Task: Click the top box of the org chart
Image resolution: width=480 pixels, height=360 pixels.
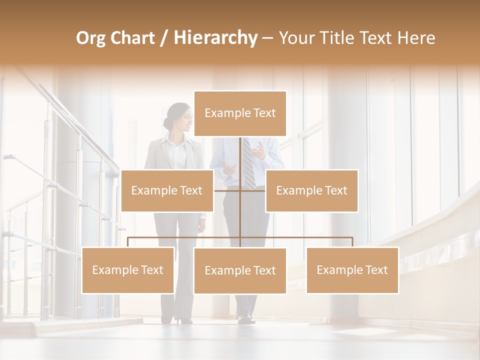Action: coord(240,113)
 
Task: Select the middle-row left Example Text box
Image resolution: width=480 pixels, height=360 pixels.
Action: coord(167,190)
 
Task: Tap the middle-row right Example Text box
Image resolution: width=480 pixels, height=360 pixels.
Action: coord(311,190)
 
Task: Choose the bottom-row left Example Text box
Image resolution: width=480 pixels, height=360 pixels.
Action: coord(128,270)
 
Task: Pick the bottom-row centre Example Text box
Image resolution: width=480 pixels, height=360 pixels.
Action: coord(240,270)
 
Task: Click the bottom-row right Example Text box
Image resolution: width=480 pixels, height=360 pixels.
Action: coord(352,270)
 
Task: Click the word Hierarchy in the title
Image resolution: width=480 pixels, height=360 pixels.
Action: coord(215,38)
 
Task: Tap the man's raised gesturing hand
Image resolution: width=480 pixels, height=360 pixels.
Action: coord(258,149)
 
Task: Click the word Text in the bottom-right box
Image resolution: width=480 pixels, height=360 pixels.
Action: coord(376,270)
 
